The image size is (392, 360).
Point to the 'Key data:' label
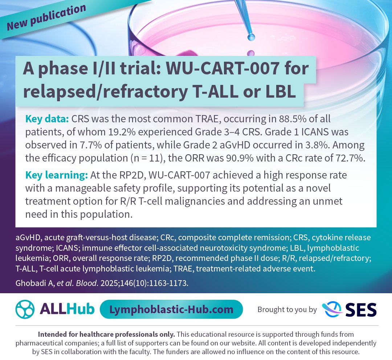(x=47, y=119)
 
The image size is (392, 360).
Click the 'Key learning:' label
(x=57, y=175)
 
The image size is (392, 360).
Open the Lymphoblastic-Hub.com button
(x=171, y=309)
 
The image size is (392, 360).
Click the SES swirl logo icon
(x=332, y=310)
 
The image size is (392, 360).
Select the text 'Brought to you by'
(x=287, y=310)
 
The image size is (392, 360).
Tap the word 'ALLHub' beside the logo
(x=67, y=309)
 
